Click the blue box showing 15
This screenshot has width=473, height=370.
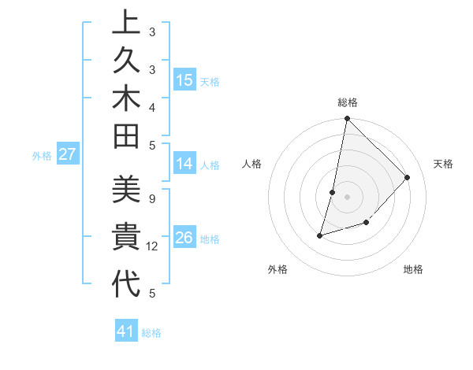click(184, 80)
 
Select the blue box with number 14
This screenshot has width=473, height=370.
click(184, 164)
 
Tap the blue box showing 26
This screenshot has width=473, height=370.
click(184, 238)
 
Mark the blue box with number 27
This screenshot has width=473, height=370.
click(67, 154)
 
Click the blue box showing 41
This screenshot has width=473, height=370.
click(126, 331)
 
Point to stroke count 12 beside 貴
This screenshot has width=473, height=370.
click(152, 246)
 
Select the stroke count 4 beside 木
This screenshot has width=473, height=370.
click(151, 106)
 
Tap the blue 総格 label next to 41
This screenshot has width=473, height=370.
click(151, 333)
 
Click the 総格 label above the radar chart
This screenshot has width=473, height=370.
click(348, 102)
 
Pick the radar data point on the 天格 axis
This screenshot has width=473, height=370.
click(408, 177)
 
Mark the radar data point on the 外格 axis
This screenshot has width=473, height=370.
click(320, 235)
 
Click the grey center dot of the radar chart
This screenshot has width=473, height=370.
click(347, 197)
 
